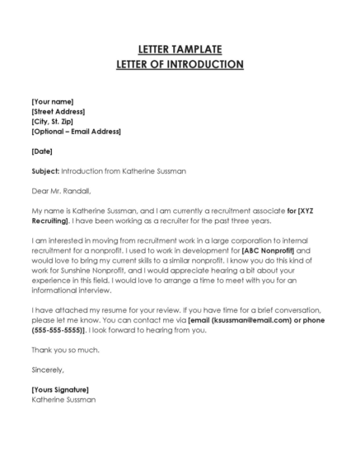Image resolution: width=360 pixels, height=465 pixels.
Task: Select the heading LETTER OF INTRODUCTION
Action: (180, 64)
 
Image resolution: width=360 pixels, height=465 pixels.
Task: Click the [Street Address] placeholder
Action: (58, 111)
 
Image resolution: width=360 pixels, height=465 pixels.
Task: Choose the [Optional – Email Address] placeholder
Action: (76, 131)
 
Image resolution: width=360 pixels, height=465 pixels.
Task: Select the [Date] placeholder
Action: (42, 151)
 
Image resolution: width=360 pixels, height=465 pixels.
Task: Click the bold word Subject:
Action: (44, 171)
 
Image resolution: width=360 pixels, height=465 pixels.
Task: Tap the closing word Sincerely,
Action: (47, 370)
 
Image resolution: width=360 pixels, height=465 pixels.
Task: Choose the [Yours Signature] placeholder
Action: (59, 389)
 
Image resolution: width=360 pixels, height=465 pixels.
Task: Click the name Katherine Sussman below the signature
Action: (63, 399)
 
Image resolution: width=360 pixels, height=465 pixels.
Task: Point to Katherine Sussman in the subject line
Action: (152, 171)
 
